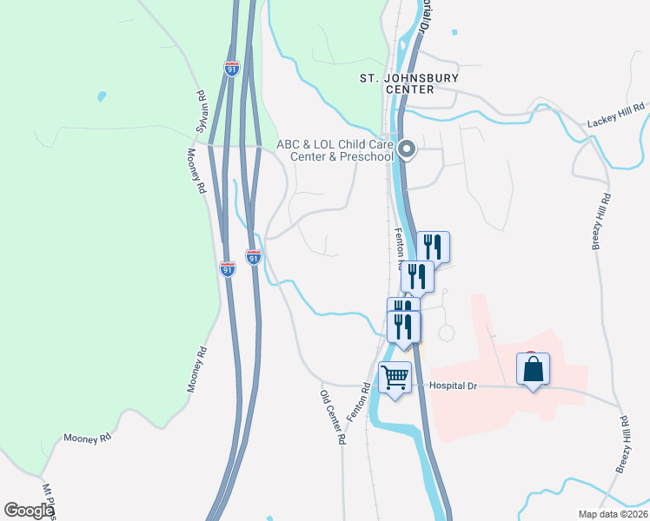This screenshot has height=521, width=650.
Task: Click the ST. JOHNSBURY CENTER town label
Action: pyautogui.click(x=396, y=83)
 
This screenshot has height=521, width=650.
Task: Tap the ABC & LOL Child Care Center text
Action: pyautogui.click(x=335, y=150)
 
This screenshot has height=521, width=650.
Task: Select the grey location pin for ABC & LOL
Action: pyautogui.click(x=407, y=152)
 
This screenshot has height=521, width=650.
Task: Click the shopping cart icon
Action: pyautogui.click(x=395, y=378)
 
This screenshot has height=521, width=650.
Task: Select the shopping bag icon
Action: pyautogui.click(x=533, y=368)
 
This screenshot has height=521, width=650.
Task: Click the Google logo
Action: pyautogui.click(x=29, y=511)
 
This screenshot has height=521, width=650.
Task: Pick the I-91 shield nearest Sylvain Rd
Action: pyautogui.click(x=231, y=69)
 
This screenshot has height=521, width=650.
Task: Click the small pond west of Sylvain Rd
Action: pyautogui.click(x=103, y=96)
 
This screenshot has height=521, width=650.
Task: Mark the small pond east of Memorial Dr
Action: pyautogui.click(x=454, y=33)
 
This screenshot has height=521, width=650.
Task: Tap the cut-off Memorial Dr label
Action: pyautogui.click(x=425, y=16)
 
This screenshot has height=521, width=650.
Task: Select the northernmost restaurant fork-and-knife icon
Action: pyautogui.click(x=432, y=246)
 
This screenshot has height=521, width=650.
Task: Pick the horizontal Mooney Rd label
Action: pyautogui.click(x=88, y=439)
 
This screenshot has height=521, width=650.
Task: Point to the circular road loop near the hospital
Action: pyautogui.click(x=447, y=333)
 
